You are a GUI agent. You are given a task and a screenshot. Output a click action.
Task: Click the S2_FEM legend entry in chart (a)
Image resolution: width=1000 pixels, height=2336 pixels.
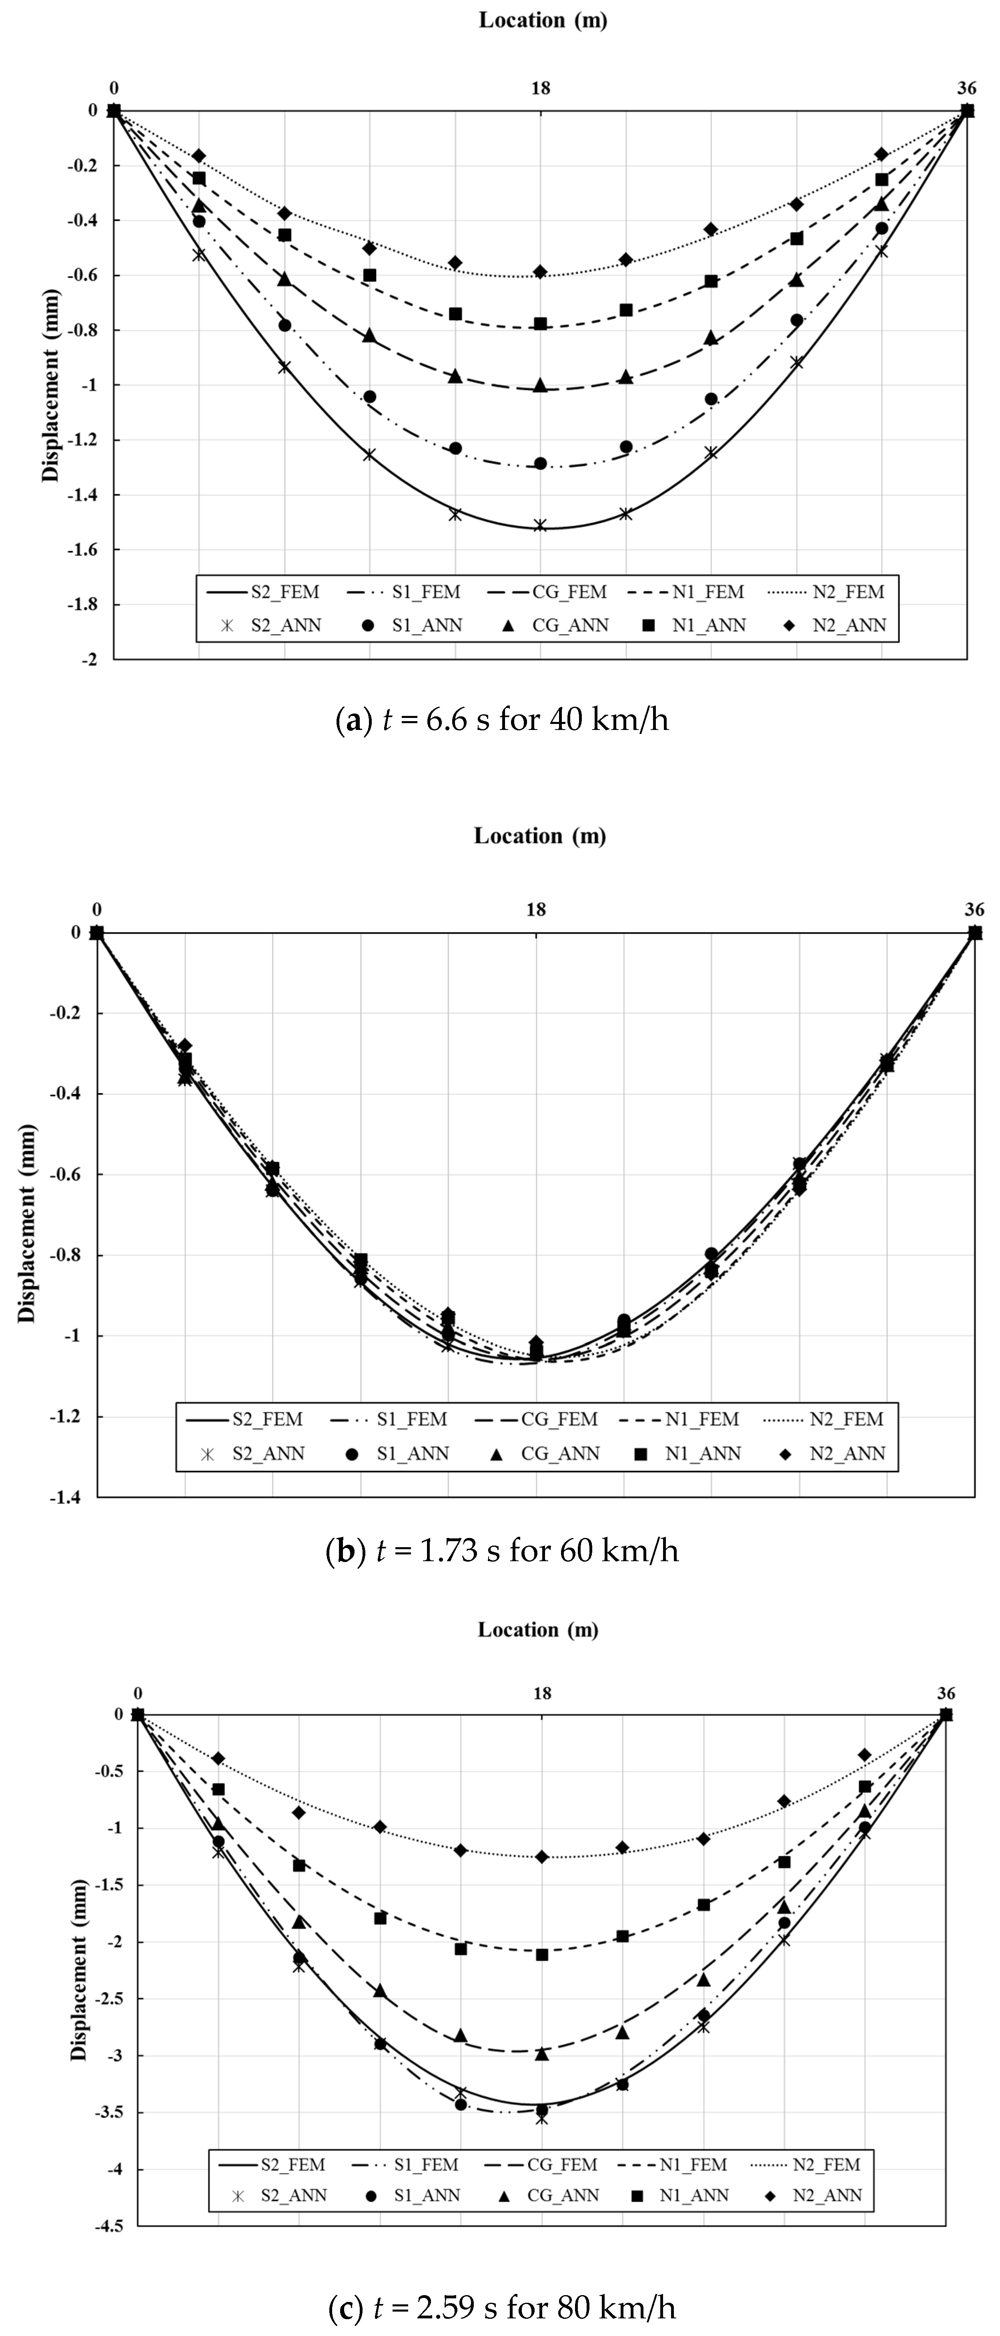[263, 592]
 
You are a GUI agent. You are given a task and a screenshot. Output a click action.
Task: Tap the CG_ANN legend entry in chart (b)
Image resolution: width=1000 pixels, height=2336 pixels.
[544, 1453]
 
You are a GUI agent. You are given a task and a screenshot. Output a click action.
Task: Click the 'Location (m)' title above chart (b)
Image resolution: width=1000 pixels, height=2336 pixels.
[539, 835]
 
